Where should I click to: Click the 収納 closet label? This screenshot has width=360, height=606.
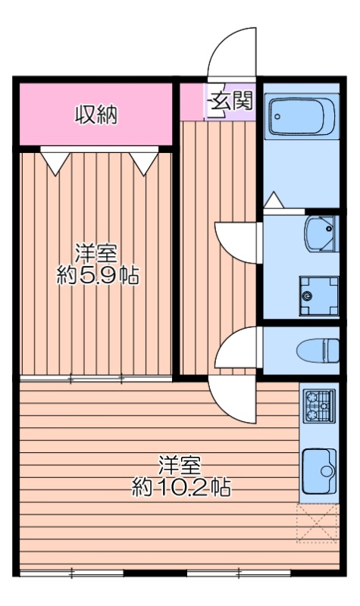[x=96, y=115]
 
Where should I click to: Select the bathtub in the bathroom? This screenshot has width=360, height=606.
[x=302, y=116]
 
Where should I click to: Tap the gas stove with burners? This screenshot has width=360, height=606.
[x=319, y=408]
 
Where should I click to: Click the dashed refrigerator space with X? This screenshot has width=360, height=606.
[x=317, y=523]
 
